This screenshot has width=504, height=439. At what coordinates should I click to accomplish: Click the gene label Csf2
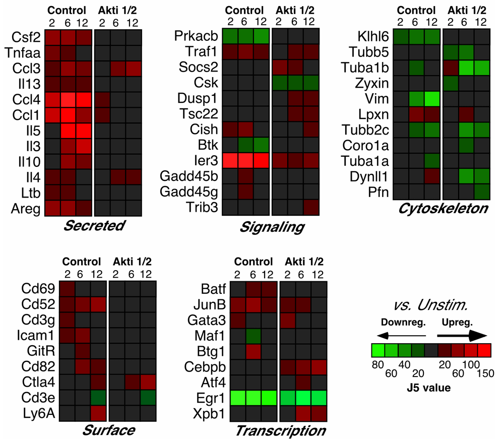click(x=25, y=38)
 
